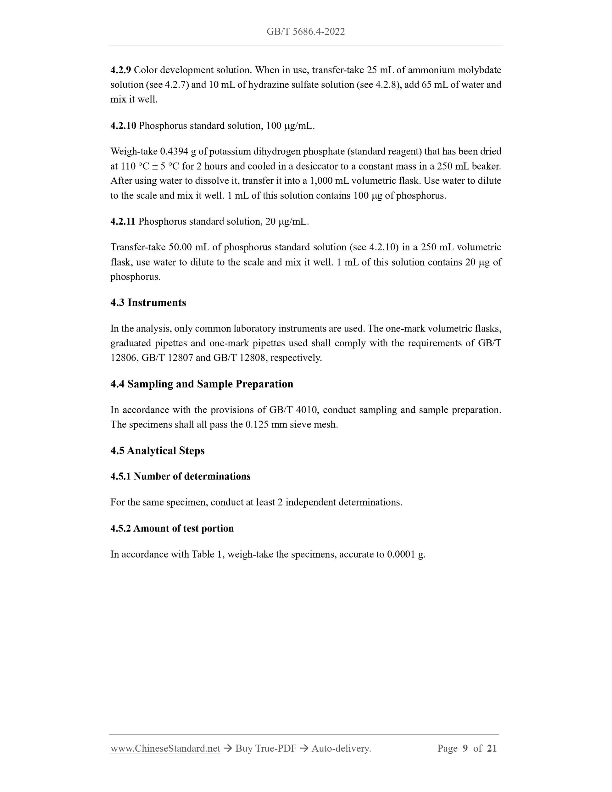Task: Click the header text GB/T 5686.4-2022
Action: click(x=306, y=32)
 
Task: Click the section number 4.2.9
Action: click(x=120, y=70)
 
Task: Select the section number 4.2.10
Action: click(x=123, y=126)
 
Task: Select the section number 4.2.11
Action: click(x=123, y=221)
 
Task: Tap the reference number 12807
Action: click(x=180, y=358)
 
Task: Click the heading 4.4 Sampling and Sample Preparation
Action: click(x=202, y=384)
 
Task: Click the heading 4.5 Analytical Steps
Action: click(x=157, y=451)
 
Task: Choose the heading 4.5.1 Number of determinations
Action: click(x=180, y=477)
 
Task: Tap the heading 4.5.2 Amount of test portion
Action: click(x=172, y=528)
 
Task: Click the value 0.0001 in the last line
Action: click(x=401, y=555)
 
